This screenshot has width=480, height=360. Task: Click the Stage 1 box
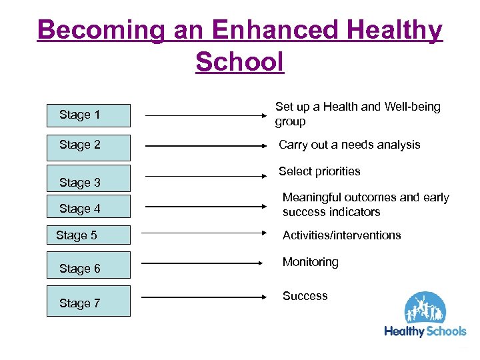click(x=88, y=115)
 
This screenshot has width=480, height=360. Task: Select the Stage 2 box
click(x=88, y=145)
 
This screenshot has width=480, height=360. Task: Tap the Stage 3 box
click(x=88, y=179)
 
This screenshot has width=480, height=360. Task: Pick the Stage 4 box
click(x=88, y=208)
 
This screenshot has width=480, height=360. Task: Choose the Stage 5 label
click(x=77, y=235)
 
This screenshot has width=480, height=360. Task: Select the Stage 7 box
click(x=88, y=303)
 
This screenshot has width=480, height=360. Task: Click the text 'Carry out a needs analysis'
click(x=349, y=145)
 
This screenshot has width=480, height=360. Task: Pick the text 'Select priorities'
click(x=319, y=171)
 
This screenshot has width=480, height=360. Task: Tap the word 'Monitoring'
click(x=310, y=262)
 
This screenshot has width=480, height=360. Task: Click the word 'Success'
click(x=305, y=295)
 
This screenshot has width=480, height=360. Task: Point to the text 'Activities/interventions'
click(x=341, y=235)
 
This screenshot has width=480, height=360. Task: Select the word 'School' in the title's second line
click(x=240, y=62)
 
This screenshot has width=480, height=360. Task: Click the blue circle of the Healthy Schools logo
click(x=426, y=308)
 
